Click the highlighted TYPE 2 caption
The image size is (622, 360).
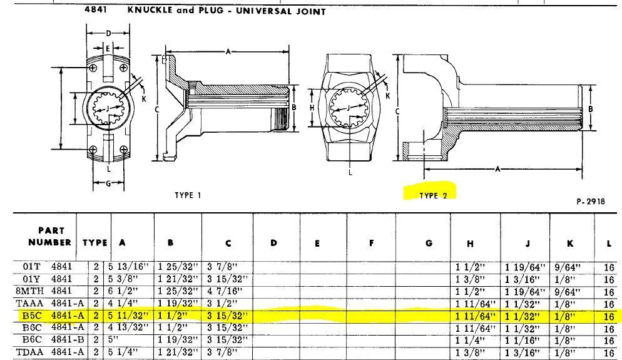(x=434, y=195)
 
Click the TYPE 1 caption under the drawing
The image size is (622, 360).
(x=188, y=195)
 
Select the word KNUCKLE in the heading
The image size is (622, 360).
(x=148, y=11)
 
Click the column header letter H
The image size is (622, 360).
(x=474, y=244)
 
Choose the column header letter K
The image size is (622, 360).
(x=570, y=244)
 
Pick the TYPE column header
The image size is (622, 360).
(x=94, y=242)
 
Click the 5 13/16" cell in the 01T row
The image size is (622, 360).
(x=132, y=267)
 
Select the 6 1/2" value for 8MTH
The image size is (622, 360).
(x=128, y=291)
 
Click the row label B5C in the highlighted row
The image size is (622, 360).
(x=31, y=316)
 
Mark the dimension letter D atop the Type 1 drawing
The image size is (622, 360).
(x=108, y=33)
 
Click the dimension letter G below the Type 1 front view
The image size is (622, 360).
(x=108, y=183)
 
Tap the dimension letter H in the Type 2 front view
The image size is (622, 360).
(x=312, y=108)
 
